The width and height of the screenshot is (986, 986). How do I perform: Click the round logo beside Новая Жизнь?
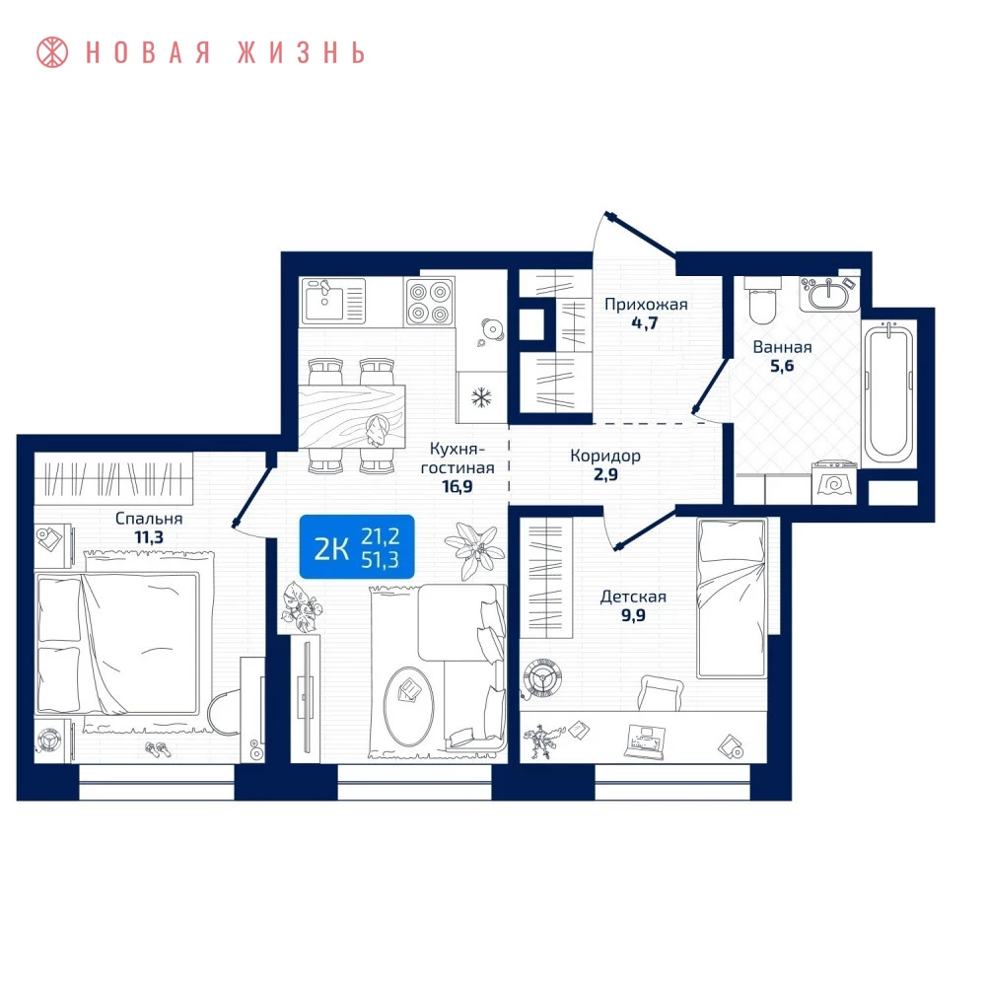click(52, 52)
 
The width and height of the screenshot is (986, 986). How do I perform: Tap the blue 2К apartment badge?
click(357, 547)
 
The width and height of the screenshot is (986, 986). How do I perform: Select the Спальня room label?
click(149, 519)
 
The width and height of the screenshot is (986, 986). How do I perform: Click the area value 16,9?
click(458, 487)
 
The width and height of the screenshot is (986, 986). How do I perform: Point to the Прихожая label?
click(646, 305)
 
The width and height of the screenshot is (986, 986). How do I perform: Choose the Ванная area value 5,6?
click(782, 366)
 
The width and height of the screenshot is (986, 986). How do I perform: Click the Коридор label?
click(605, 456)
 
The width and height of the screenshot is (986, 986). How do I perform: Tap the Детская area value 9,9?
click(633, 615)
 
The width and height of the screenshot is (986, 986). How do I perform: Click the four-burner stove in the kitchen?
click(430, 303)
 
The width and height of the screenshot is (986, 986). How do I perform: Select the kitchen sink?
click(333, 301)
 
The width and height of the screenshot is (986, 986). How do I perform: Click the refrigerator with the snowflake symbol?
click(482, 396)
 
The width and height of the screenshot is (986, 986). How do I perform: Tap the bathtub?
click(889, 392)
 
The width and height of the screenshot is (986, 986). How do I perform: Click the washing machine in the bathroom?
click(834, 483)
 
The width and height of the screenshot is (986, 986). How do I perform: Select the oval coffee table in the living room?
click(409, 707)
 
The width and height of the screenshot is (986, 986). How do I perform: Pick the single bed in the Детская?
click(732, 599)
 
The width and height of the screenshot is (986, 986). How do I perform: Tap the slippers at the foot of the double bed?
click(158, 749)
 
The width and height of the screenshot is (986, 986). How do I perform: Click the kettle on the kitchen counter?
click(492, 329)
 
